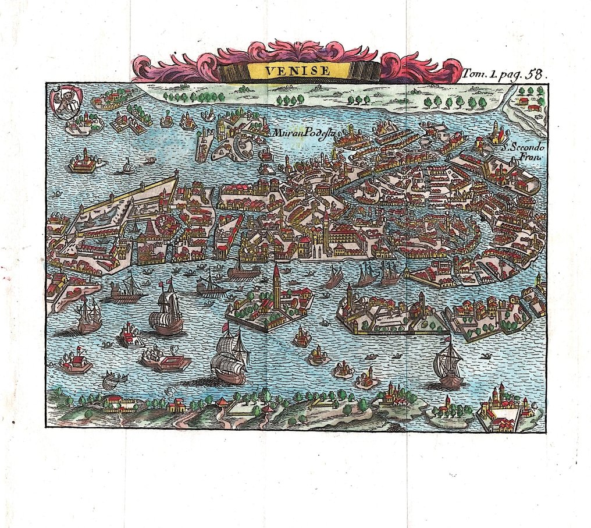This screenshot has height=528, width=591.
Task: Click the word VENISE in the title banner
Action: (297, 71)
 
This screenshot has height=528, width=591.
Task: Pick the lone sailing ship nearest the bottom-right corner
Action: (448, 365)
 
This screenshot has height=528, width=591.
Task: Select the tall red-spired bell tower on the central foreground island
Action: (276, 285)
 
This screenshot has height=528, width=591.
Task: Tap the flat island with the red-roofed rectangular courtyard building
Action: (168, 361)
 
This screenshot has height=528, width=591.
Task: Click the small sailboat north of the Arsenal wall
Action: (127, 168)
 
